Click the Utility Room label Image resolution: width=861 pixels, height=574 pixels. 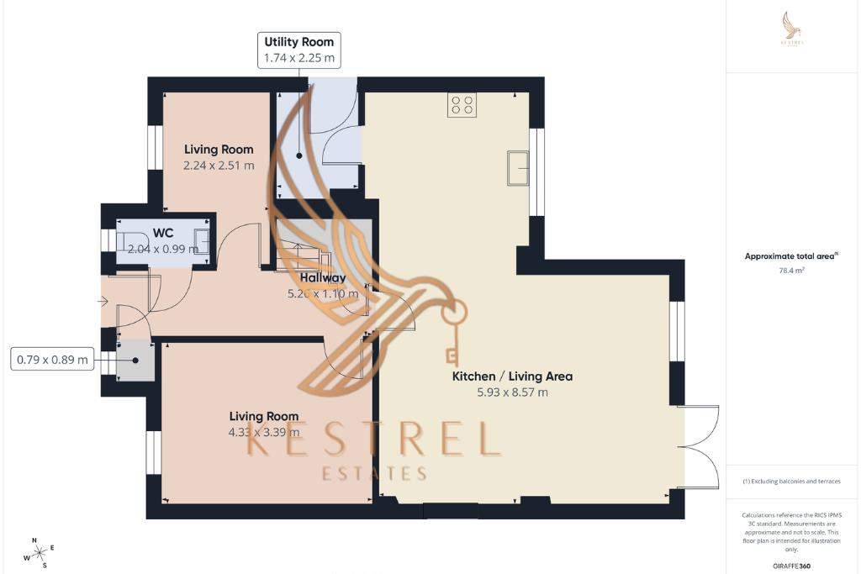click(298, 41)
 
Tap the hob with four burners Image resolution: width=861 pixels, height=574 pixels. click(462, 104)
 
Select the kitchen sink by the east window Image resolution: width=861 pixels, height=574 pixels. click(516, 167)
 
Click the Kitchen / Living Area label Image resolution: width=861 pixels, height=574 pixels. click(512, 377)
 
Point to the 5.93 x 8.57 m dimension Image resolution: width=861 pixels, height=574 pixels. click(512, 392)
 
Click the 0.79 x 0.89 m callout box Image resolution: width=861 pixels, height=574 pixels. click(52, 361)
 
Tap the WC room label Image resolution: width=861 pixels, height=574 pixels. click(162, 234)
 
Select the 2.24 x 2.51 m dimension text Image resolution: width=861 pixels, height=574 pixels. click(219, 166)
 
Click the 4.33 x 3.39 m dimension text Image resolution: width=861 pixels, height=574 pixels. click(263, 433)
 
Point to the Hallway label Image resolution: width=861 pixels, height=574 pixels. click(323, 277)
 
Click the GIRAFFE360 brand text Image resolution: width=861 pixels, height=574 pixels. click(792, 566)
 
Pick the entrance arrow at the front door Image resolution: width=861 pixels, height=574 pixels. click(103, 301)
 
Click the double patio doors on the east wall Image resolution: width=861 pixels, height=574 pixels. click(701, 447)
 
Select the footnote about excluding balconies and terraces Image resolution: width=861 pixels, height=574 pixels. click(791, 482)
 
